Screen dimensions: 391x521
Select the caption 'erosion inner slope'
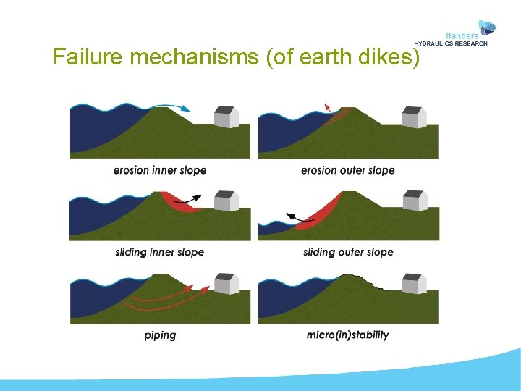[160, 170]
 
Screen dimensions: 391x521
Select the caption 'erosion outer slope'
[348, 170]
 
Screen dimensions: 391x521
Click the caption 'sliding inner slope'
[160, 252]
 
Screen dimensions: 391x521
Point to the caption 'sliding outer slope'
[348, 252]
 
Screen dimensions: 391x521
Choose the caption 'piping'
[160, 335]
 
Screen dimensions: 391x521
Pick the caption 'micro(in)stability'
[348, 335]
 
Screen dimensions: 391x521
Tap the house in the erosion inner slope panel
[226, 117]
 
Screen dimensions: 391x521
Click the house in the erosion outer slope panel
[415, 117]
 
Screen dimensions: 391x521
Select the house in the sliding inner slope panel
[226, 201]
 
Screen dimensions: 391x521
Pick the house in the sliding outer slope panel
[415, 201]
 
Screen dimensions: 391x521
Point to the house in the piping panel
[226, 283]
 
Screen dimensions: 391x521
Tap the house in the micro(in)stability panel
[415, 283]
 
